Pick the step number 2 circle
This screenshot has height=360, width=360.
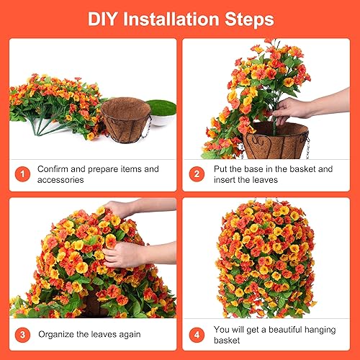pos(195,174)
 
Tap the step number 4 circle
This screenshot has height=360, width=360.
pos(195,333)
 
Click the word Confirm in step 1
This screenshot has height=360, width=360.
pos(55,168)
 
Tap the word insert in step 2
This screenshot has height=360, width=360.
pos(225,179)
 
